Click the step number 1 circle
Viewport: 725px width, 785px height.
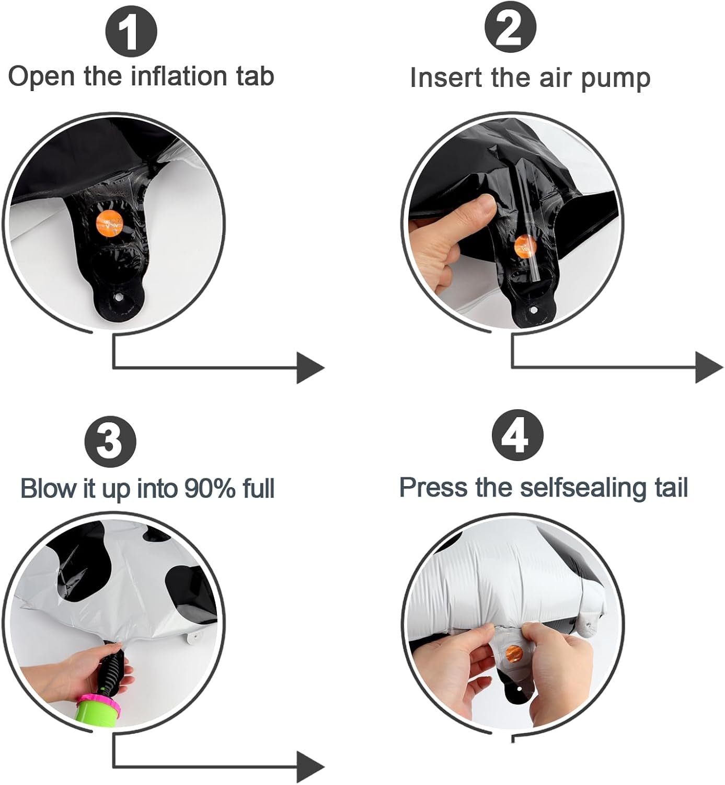(131, 32)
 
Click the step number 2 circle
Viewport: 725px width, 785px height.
(510, 27)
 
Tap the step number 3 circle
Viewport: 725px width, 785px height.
(110, 441)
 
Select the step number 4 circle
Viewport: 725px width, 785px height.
(517, 435)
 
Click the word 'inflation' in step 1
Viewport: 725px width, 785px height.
(180, 76)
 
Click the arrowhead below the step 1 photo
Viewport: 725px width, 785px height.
(310, 367)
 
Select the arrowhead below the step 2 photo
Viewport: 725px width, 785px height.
(709, 367)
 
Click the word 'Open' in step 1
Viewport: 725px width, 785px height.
(41, 77)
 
